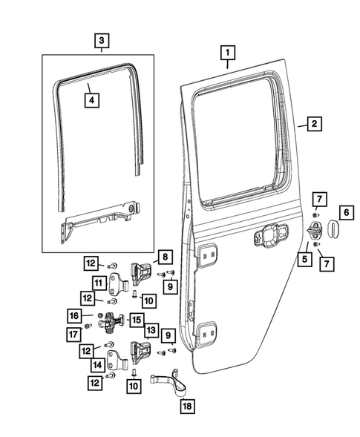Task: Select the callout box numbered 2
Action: point(314,125)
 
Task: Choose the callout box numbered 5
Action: point(304,259)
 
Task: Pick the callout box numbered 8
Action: point(164,257)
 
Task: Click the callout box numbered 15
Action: point(137,320)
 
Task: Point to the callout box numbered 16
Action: point(75,315)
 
